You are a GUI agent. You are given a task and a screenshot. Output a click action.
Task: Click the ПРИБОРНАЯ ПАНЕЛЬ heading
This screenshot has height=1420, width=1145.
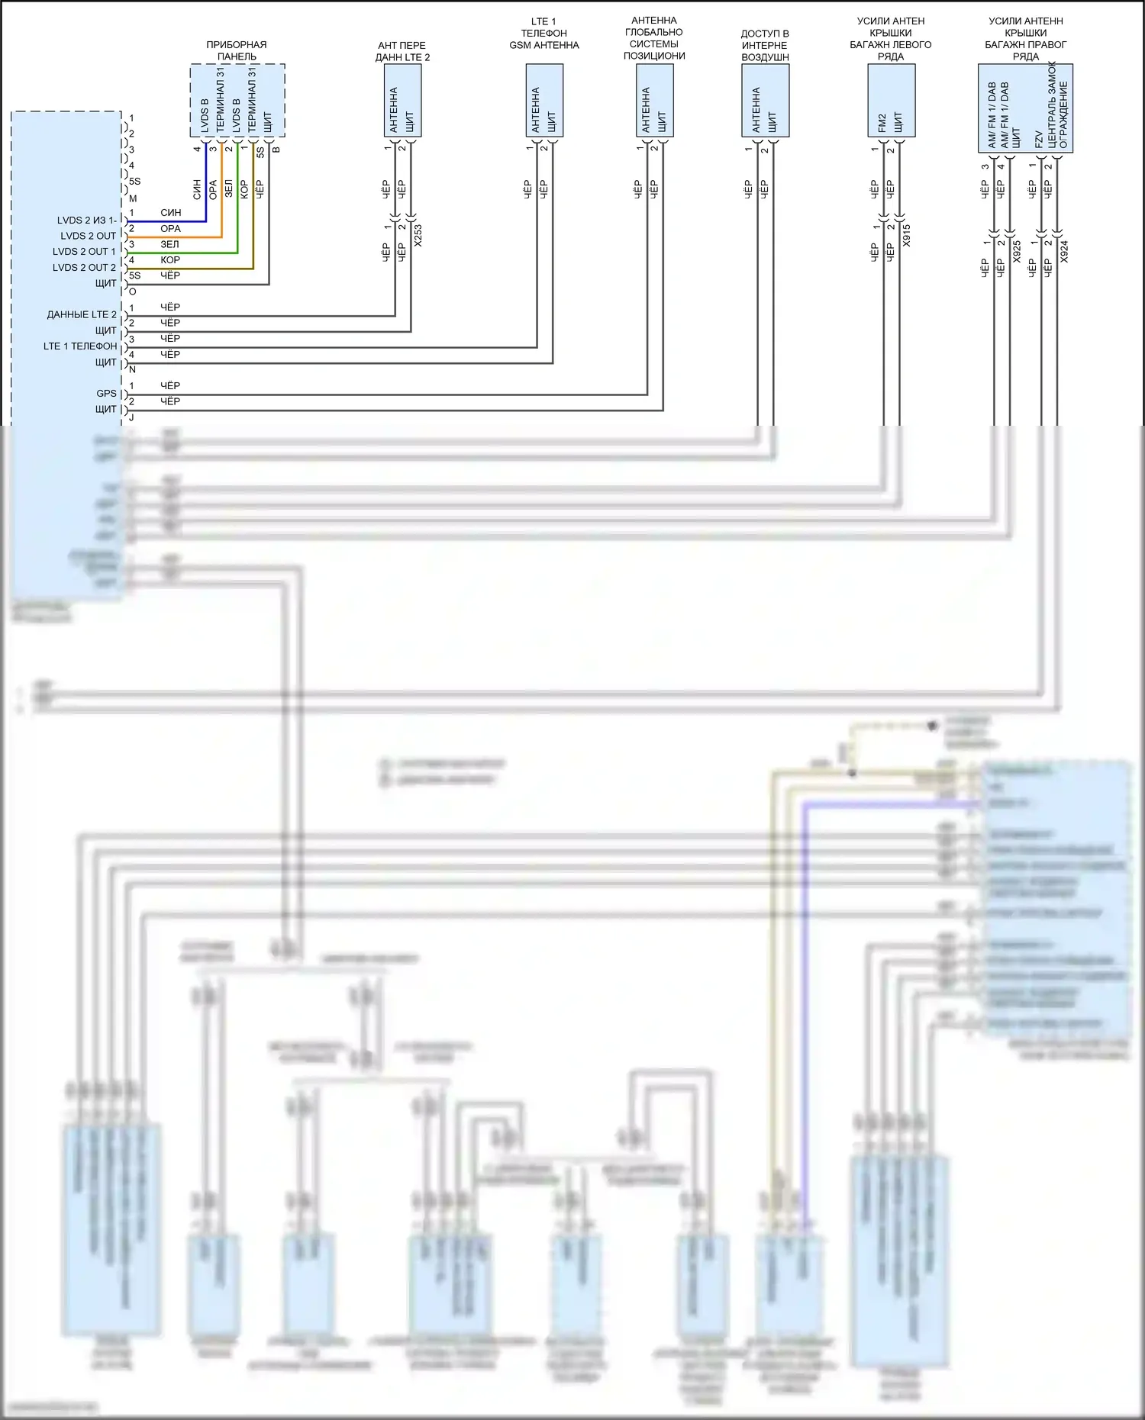click(x=237, y=50)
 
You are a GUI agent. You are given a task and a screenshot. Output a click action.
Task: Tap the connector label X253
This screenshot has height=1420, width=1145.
click(x=418, y=235)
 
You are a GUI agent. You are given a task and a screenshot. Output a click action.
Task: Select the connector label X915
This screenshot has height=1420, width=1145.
click(x=906, y=235)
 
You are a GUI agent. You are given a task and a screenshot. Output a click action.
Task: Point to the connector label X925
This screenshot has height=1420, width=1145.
click(x=1017, y=252)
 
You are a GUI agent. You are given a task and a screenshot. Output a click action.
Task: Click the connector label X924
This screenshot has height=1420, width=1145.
click(x=1064, y=252)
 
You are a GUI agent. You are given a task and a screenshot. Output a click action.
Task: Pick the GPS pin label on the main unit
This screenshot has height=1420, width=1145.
click(x=106, y=394)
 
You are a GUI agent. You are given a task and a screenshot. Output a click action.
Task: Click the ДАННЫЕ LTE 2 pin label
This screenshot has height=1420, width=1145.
click(x=82, y=314)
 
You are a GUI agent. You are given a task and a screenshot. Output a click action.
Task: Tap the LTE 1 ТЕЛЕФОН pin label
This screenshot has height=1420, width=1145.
click(x=80, y=346)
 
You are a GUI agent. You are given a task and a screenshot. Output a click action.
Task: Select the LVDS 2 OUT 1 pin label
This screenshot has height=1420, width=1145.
click(x=84, y=252)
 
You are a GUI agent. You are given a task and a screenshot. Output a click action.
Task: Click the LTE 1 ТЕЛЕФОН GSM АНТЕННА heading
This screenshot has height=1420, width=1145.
click(x=544, y=34)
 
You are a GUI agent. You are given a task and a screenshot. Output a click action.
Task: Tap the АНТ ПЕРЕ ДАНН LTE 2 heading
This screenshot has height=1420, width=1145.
click(x=402, y=51)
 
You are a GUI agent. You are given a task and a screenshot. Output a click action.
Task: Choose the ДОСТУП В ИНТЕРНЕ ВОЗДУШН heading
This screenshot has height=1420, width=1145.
click(x=765, y=45)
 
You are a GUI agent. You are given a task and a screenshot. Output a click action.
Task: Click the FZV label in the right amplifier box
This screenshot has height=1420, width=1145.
click(x=1038, y=139)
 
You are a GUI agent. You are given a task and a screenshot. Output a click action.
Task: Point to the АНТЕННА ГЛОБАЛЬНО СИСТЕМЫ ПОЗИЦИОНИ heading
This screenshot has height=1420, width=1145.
click(x=654, y=38)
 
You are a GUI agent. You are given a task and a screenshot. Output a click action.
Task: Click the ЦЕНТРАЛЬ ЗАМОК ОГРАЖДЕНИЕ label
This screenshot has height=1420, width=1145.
click(x=1058, y=107)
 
